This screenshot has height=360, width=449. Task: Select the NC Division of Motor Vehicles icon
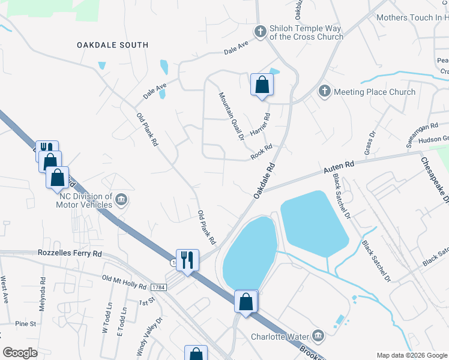coord(121,199)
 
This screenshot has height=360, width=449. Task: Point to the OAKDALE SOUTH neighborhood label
coord(112,45)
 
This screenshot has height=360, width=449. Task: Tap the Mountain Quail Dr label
coord(231,116)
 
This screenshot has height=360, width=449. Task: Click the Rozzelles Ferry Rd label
coord(70,254)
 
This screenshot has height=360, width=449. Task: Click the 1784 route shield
coord(157,288)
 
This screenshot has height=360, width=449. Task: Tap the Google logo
coord(20,353)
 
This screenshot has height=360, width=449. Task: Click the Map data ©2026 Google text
coord(412,355)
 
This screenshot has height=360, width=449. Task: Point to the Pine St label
coord(26,324)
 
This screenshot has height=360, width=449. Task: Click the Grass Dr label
coord(368,142)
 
